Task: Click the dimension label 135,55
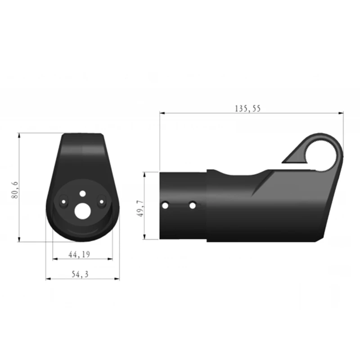pyautogui.click(x=247, y=108)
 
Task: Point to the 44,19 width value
pyautogui.click(x=79, y=255)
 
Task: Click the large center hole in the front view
pyautogui.click(x=82, y=211)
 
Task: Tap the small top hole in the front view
pyautogui.click(x=82, y=193)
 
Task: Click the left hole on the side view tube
pyautogui.click(x=166, y=205)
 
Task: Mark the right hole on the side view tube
pyautogui.click(x=193, y=205)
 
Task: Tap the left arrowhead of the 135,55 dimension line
pyautogui.click(x=162, y=113)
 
